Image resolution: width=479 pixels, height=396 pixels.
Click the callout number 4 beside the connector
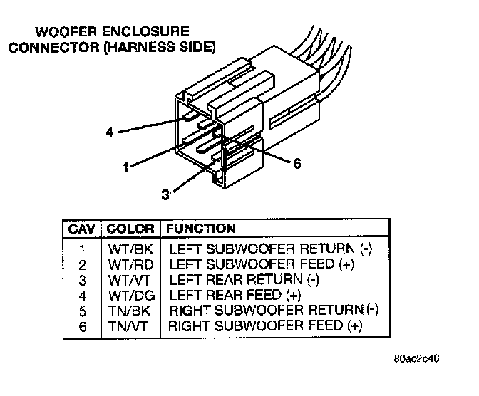(x=110, y=132)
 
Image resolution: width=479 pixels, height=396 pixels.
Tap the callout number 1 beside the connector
(x=126, y=167)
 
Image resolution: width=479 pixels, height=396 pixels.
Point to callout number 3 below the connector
(x=165, y=194)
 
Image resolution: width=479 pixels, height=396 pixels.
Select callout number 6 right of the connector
(x=297, y=164)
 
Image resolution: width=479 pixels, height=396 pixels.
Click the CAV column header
(x=82, y=229)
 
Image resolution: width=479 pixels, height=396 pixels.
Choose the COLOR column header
(x=130, y=229)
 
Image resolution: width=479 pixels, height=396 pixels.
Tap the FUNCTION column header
(x=201, y=229)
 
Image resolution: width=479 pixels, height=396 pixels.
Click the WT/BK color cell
(x=130, y=249)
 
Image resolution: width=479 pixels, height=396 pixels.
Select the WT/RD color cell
(x=130, y=265)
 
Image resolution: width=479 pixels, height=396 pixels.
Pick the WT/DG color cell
(x=131, y=296)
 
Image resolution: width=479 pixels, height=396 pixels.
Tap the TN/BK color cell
(x=129, y=311)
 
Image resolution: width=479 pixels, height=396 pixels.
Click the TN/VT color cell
(x=128, y=326)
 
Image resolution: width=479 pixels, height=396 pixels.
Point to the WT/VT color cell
(x=128, y=281)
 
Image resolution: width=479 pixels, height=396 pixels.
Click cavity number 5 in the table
(x=83, y=311)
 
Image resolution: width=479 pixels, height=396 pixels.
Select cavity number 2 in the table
(x=82, y=265)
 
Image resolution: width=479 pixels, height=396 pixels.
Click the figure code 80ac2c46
(x=417, y=358)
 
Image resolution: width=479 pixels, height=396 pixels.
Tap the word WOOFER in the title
(x=66, y=32)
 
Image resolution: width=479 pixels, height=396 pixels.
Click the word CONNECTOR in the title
(x=54, y=48)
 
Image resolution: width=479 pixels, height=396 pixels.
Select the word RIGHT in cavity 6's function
(x=189, y=325)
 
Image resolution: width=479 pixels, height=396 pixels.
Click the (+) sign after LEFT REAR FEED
(x=294, y=296)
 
